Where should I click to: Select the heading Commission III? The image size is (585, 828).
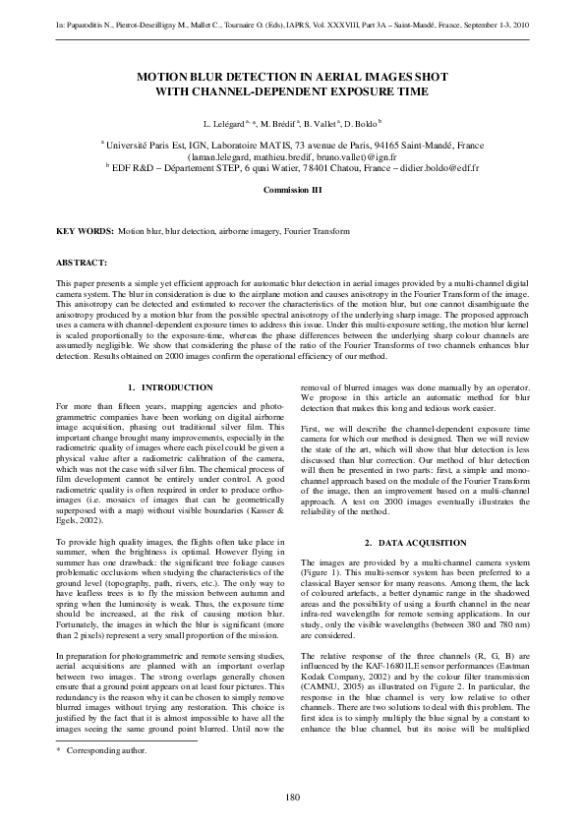pos(292,189)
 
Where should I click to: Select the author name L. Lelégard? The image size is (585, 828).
pos(224,125)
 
